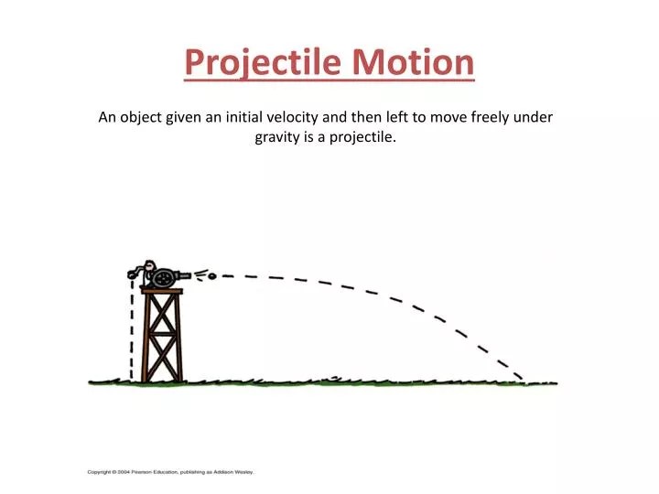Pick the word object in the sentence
(140, 117)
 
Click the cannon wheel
(163, 277)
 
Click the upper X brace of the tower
(162, 313)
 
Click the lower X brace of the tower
(163, 358)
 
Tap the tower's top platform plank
(162, 291)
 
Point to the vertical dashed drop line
(132, 329)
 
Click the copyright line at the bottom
(170, 472)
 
